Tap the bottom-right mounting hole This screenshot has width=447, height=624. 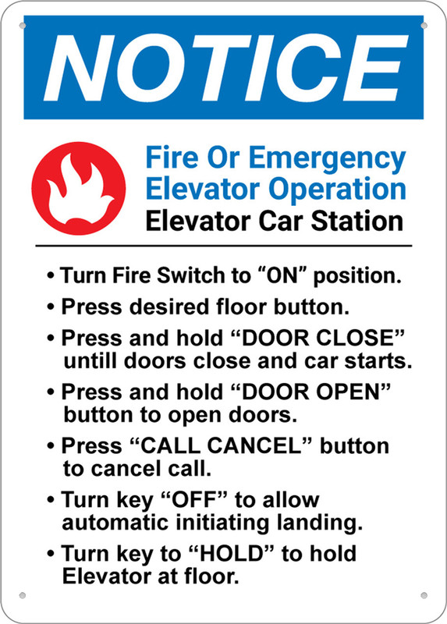(x=424, y=595)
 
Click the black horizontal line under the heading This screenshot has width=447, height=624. (x=223, y=246)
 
